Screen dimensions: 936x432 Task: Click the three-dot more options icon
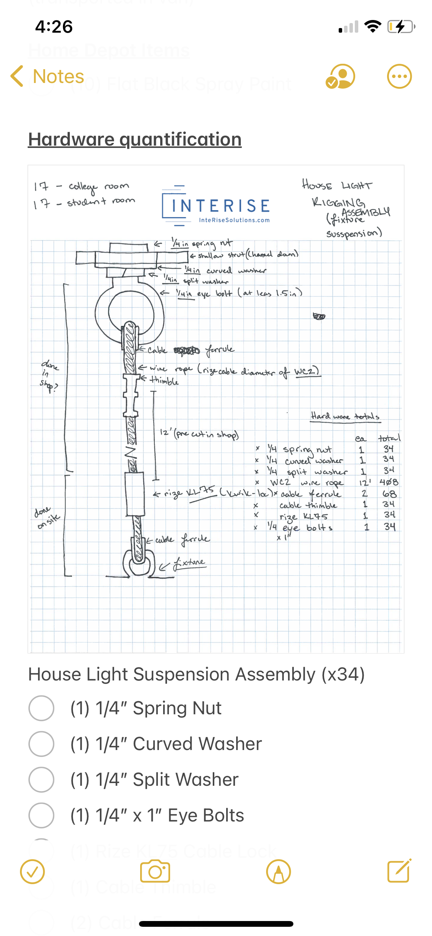(x=399, y=76)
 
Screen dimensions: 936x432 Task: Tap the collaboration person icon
(x=340, y=76)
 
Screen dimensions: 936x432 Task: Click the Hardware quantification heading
(x=135, y=139)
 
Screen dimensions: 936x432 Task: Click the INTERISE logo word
(x=220, y=206)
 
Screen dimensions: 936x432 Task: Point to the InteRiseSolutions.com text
(x=234, y=220)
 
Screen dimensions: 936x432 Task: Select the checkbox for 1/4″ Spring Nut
(x=41, y=708)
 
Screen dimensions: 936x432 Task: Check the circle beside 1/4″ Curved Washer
(x=41, y=744)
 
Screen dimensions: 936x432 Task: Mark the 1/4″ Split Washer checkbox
(x=41, y=780)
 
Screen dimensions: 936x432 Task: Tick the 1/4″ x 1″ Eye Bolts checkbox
(x=41, y=815)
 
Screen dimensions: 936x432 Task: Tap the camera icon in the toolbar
(x=155, y=871)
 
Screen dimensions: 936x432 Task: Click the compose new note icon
(x=399, y=871)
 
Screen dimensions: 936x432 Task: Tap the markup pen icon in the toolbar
(x=278, y=871)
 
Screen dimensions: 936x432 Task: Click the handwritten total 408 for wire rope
(x=389, y=482)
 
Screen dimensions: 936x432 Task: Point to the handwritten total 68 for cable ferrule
(x=389, y=494)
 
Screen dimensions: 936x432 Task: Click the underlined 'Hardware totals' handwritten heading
(x=345, y=416)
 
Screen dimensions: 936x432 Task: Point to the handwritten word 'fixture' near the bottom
(x=189, y=563)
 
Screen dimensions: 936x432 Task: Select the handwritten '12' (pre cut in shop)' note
(x=199, y=434)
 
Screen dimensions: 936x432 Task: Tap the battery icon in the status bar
(x=401, y=27)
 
